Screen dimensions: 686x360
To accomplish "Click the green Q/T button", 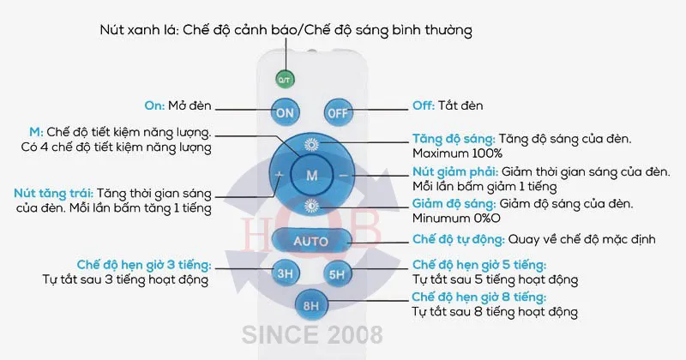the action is click(x=285, y=80).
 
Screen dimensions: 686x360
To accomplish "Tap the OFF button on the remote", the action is click(x=338, y=113).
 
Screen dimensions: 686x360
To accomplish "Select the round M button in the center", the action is click(x=311, y=176).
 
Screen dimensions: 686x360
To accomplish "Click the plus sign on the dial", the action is click(x=280, y=175).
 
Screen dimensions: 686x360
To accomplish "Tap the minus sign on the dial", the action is click(x=344, y=176).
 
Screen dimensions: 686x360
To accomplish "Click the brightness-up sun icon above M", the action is click(x=311, y=144).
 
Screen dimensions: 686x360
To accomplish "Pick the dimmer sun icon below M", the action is click(x=311, y=206).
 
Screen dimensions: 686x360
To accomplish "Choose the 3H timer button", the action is click(x=286, y=273).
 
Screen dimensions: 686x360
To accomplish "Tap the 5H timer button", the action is click(x=337, y=274).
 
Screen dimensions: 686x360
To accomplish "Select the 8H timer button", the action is click(x=311, y=305).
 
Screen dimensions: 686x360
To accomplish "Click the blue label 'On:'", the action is click(x=154, y=105).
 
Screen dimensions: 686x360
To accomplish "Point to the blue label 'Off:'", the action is click(x=424, y=105).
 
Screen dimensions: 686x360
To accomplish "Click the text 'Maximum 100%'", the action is click(x=457, y=153).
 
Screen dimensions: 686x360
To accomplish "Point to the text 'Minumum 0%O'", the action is click(x=456, y=218).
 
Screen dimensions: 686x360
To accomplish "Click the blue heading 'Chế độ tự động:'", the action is click(x=459, y=240).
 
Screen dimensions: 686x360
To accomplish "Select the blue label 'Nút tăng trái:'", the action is click(x=54, y=194).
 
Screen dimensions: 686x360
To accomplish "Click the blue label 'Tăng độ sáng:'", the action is click(x=454, y=139).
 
